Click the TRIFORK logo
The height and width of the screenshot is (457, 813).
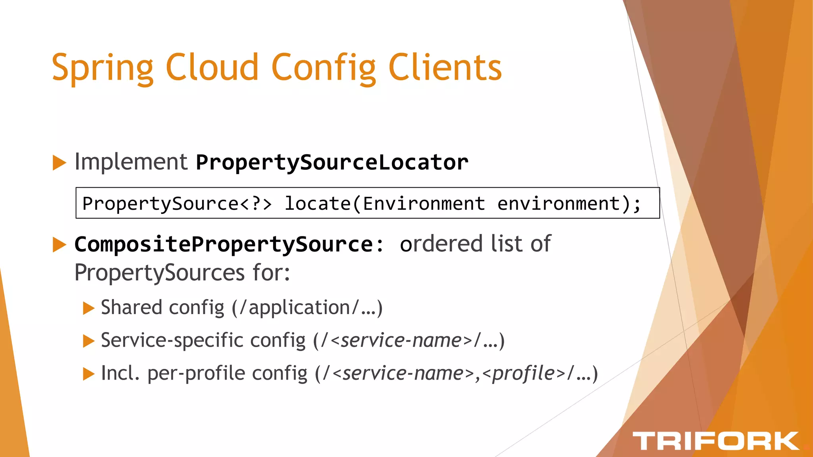(716, 441)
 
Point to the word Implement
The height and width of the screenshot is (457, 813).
(131, 162)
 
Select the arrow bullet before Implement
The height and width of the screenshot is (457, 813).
(59, 163)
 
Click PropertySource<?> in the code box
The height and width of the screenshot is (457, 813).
(177, 204)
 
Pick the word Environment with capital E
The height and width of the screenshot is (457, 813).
(424, 204)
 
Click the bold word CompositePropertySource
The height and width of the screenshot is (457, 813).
(223, 244)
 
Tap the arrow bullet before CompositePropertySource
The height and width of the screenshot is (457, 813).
(59, 245)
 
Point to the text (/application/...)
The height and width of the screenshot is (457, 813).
(307, 308)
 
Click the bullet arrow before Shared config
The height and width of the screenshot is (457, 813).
(89, 308)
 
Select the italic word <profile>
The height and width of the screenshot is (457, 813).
(524, 373)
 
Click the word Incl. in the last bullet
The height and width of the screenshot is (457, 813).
(120, 373)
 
